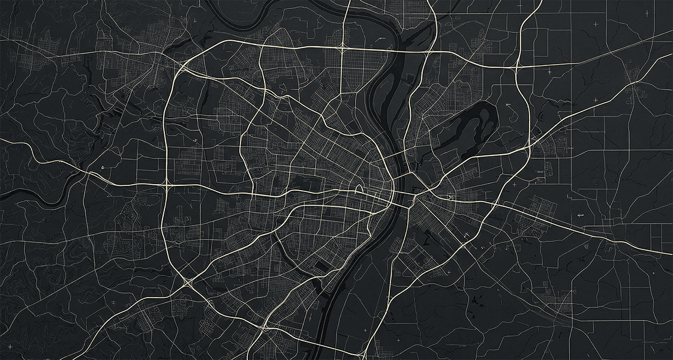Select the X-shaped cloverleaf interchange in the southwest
tap(188, 280)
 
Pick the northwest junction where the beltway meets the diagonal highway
tap(181, 68)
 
